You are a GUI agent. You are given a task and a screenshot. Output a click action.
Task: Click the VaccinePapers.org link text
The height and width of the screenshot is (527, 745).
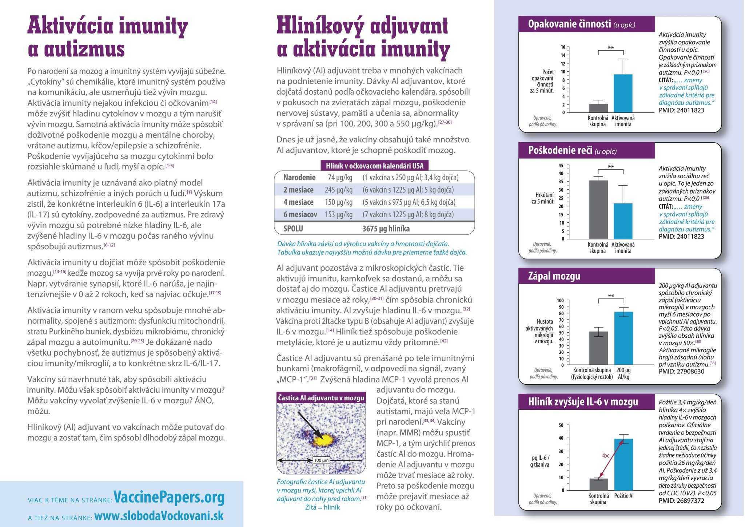pos(169,497)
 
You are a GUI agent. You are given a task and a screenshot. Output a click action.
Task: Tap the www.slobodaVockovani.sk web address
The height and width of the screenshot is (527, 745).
pos(159,516)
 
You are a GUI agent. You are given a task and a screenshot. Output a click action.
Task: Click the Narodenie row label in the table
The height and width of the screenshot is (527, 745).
pos(299,178)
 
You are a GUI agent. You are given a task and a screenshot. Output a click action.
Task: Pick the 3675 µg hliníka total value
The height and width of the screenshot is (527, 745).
pos(386,229)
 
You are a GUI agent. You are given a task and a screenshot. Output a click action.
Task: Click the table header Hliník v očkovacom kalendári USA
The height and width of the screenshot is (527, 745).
pos(374,166)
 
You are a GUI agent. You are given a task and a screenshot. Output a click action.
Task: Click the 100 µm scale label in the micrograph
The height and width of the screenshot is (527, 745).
pos(321,460)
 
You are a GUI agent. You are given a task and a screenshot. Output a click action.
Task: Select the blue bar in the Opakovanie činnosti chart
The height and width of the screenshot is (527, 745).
pos(623,94)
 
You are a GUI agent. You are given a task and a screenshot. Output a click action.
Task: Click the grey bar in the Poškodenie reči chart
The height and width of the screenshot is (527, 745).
pos(598,209)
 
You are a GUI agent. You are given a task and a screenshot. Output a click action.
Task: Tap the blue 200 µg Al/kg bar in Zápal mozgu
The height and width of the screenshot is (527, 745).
pos(624,338)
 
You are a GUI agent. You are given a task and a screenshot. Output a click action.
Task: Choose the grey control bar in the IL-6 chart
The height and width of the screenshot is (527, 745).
pos(598,484)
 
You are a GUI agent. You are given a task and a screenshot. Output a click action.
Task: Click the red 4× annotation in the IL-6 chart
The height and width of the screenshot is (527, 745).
pos(605,456)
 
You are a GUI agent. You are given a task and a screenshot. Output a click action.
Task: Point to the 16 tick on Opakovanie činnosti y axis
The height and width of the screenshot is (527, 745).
pos(563,47)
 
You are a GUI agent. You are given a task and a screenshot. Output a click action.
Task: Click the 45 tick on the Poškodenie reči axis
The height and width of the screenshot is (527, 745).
pos(561,166)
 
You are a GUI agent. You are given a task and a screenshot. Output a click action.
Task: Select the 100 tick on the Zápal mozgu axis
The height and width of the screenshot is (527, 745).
pos(560,301)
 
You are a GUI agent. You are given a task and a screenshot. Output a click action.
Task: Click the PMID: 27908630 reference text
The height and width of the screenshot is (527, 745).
pos(681,372)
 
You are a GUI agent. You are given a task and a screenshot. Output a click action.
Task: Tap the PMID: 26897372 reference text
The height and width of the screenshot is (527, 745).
pos(681,501)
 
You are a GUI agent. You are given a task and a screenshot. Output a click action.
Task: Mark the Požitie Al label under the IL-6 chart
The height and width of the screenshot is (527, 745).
pos(624,496)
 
